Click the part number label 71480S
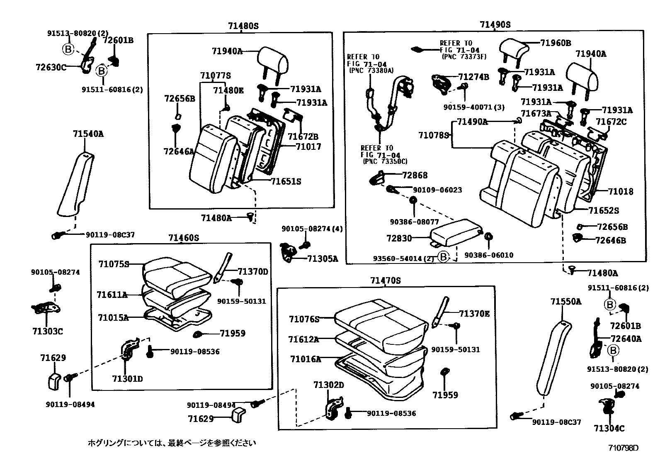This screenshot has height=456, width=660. (x=243, y=26)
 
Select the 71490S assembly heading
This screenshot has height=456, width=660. (x=495, y=24)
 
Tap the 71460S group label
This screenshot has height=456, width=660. (x=184, y=238)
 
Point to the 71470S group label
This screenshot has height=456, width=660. (x=386, y=280)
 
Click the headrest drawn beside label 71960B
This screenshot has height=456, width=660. (x=514, y=49)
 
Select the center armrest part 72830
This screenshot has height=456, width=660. (x=456, y=233)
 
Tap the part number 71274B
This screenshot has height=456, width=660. (x=473, y=77)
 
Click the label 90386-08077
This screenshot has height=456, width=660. (x=414, y=222)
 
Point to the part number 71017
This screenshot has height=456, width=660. (x=308, y=146)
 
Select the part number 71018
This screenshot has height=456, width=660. (x=621, y=191)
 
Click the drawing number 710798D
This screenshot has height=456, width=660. (x=623, y=448)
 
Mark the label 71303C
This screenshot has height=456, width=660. (x=48, y=331)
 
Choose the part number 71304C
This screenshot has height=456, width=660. (x=609, y=428)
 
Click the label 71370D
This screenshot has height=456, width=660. (x=253, y=272)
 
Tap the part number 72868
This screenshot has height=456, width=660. (x=415, y=175)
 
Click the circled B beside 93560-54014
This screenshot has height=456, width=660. (x=443, y=257)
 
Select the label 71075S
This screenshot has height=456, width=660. (x=114, y=264)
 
